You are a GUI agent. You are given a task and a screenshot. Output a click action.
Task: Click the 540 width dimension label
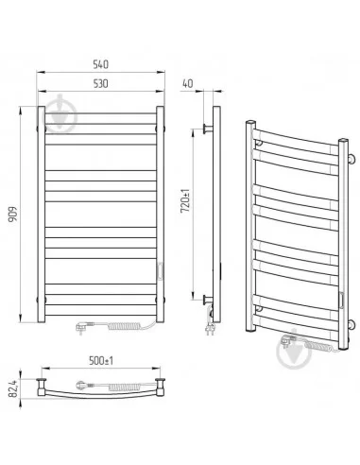(x=101, y=64)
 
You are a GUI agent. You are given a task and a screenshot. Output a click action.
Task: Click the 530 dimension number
(x=101, y=83)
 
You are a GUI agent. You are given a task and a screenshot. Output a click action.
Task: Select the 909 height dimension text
(x=13, y=215)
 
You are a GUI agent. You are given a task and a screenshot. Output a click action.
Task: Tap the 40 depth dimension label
(x=188, y=83)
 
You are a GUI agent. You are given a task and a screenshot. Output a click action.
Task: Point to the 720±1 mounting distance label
(x=185, y=200)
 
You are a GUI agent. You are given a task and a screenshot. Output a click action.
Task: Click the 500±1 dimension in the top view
(x=101, y=361)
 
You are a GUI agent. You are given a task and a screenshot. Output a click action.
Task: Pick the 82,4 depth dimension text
(x=13, y=387)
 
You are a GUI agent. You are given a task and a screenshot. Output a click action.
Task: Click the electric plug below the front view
(x=81, y=327)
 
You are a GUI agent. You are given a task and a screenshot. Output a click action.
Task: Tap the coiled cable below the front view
(x=123, y=326)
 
